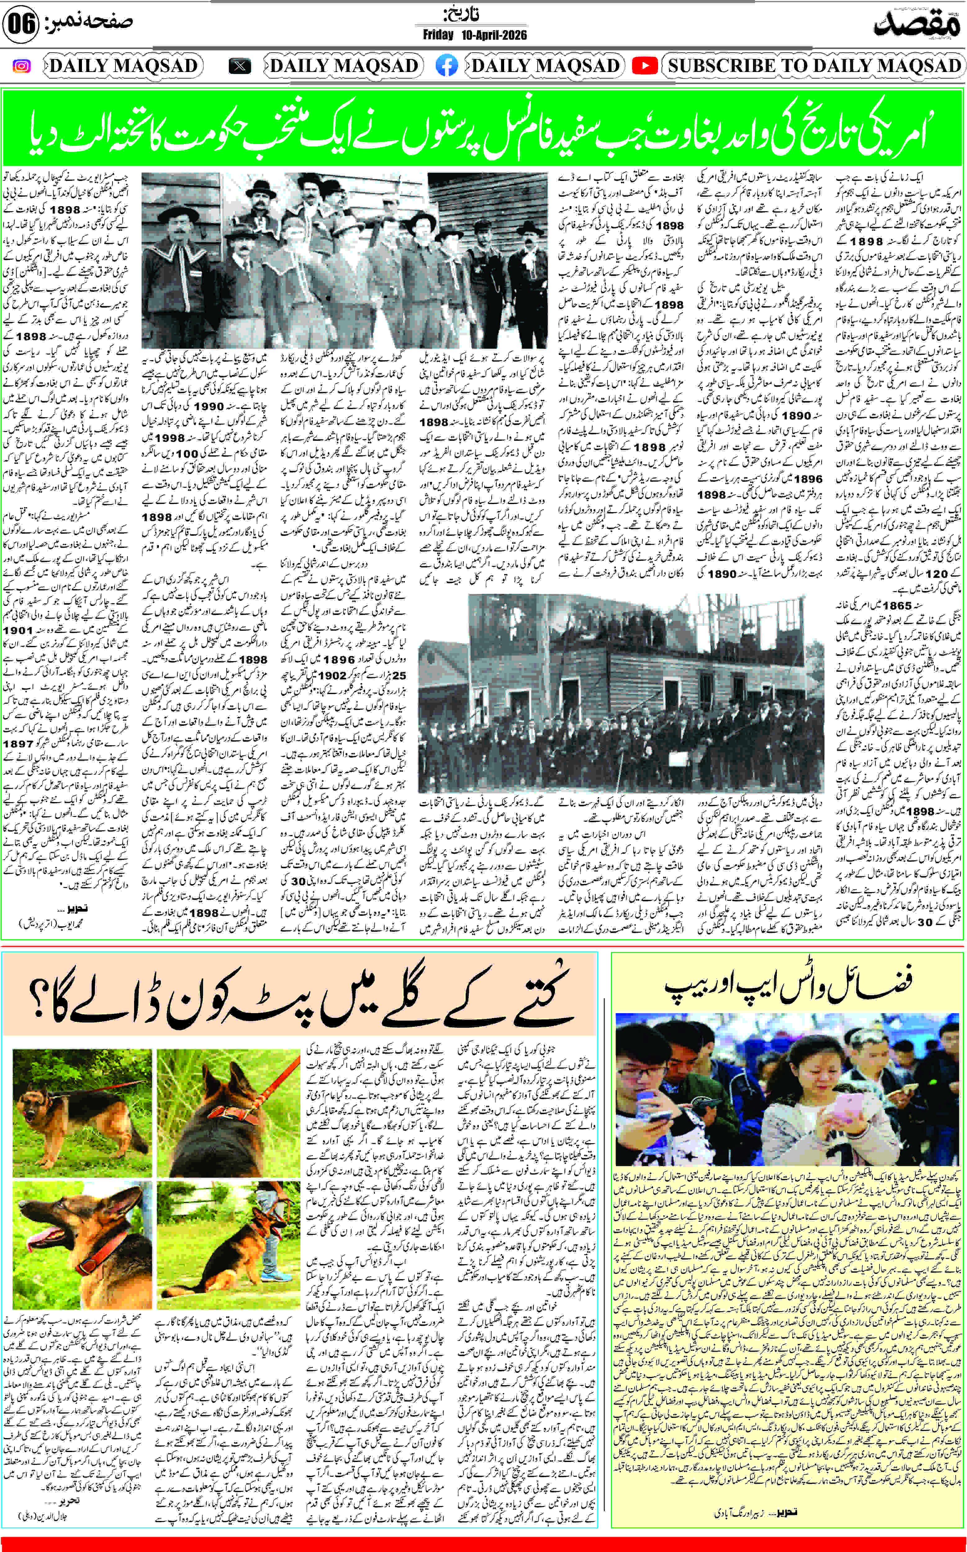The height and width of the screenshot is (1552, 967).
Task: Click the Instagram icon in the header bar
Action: point(21,66)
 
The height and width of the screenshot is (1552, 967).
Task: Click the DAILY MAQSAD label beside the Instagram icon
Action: point(123,66)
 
